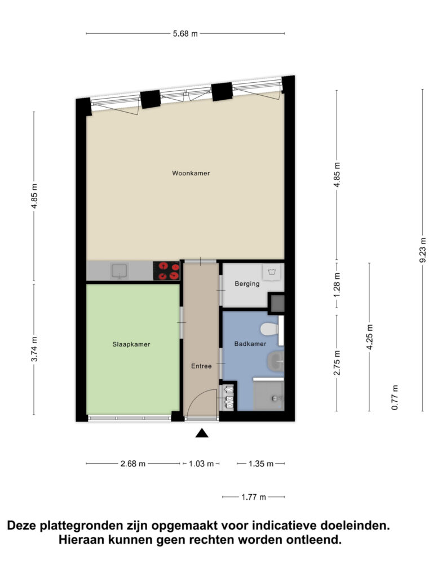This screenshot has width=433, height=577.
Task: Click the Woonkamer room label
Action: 191,173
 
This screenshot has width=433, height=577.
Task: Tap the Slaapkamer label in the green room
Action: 131,344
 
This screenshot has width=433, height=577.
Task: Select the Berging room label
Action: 247,284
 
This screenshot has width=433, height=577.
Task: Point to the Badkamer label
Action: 250,344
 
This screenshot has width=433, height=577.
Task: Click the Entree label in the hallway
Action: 201,366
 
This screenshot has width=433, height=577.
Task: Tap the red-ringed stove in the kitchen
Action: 166,271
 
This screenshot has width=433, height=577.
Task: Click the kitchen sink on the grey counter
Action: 120,271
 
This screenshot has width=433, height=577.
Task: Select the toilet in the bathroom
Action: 269,329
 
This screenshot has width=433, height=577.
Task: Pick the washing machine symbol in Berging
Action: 272,272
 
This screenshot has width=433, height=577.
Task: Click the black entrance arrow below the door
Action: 202,433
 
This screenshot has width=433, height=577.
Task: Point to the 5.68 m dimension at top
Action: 185,34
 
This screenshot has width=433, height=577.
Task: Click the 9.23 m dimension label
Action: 423,250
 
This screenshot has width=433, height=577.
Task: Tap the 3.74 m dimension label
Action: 34,349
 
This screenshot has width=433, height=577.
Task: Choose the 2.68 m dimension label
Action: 133,464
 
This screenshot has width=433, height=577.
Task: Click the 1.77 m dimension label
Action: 254,497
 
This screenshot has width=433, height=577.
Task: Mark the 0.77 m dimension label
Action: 395,397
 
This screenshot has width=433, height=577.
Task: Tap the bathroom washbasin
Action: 276,361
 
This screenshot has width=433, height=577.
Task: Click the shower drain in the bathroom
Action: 275,398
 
